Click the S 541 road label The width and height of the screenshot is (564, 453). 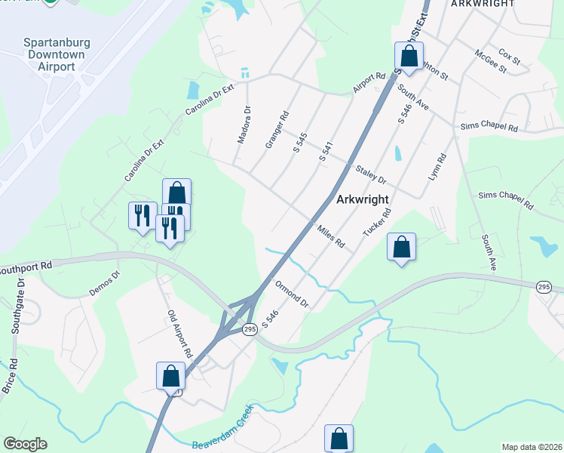(326, 148)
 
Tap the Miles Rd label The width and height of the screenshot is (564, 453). (330, 235)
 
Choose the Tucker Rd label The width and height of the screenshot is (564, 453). (377, 221)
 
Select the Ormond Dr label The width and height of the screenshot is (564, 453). (293, 294)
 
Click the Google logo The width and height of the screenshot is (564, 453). (25, 444)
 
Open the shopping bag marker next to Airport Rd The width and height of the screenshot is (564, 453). (408, 57)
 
